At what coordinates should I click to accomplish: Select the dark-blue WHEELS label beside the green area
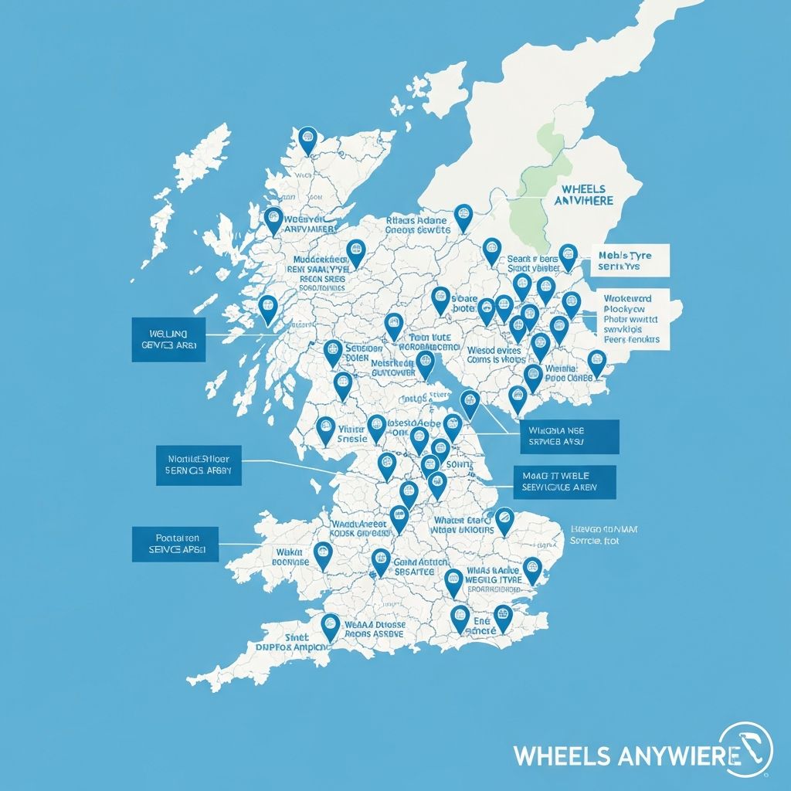[x=584, y=195]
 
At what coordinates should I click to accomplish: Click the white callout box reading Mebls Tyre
[x=631, y=260]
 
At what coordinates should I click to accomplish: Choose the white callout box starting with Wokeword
[x=634, y=317]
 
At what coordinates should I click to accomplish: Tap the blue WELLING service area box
[x=168, y=339]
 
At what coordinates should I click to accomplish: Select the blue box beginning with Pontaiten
[x=175, y=544]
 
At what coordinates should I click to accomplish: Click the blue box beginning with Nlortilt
[x=198, y=465]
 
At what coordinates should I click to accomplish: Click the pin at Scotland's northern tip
[x=308, y=141]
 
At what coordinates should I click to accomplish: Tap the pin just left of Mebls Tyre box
[x=568, y=256]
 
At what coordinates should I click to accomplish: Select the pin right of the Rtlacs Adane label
[x=463, y=216]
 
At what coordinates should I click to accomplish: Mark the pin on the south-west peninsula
[x=330, y=625]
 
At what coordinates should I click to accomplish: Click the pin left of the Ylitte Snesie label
[x=326, y=429]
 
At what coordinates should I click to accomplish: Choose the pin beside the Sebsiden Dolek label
[x=333, y=351]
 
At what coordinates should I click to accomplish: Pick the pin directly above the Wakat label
[x=323, y=554]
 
